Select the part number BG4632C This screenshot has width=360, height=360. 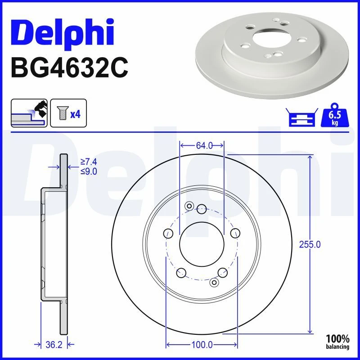tap(69, 68)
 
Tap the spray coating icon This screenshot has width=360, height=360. tap(29, 113)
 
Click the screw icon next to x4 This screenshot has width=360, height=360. tap(62, 113)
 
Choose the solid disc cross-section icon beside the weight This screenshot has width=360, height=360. tap(302, 117)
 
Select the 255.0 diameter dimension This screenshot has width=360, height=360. tap(310, 244)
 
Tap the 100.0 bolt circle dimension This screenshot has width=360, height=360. tap(202, 344)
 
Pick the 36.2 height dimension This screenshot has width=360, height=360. tap(54, 344)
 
